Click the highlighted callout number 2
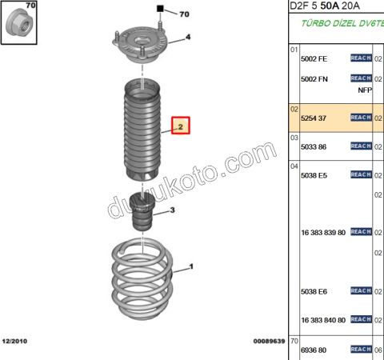coord(180,126)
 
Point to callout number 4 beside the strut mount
coord(188,37)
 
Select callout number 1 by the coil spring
coord(191,267)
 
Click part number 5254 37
coord(314,118)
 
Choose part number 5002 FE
coord(314,59)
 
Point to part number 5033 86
coord(314,146)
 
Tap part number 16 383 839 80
coord(322,232)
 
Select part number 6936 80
coord(314,349)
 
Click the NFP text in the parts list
coord(365,90)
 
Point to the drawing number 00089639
coord(269,341)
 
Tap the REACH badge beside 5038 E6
coord(361,290)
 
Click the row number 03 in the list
coord(294,137)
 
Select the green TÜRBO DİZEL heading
coord(340,24)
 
